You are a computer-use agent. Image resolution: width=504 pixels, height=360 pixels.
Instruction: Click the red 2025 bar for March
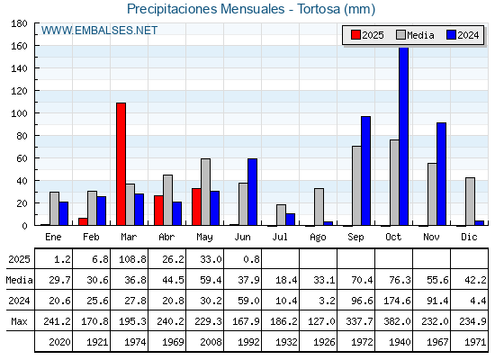click(x=121, y=164)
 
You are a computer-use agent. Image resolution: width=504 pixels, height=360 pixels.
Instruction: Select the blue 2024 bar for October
click(x=404, y=136)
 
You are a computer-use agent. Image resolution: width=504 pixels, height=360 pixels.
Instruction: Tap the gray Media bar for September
click(x=356, y=185)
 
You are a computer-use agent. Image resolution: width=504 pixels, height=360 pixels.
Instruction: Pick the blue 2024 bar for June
click(x=252, y=192)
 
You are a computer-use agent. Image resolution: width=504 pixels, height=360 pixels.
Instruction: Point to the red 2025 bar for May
click(x=197, y=207)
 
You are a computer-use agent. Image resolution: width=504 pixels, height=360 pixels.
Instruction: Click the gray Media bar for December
click(x=470, y=202)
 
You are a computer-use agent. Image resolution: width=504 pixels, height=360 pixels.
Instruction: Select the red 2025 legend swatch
click(x=355, y=35)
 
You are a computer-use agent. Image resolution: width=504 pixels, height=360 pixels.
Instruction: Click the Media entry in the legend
click(x=415, y=35)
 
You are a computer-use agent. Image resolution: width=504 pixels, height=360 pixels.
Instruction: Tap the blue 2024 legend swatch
click(x=451, y=35)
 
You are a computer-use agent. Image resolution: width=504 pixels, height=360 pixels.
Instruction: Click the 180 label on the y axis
click(x=19, y=23)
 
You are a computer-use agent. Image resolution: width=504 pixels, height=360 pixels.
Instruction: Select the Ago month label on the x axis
click(x=318, y=238)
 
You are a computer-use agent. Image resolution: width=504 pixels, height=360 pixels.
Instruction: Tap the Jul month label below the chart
click(x=280, y=237)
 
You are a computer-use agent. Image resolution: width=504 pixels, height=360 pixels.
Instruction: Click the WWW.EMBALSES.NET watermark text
click(x=99, y=31)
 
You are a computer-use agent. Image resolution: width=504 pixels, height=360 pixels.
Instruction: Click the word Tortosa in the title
click(x=319, y=9)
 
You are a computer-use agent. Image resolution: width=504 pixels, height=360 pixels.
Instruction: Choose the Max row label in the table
click(x=19, y=321)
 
